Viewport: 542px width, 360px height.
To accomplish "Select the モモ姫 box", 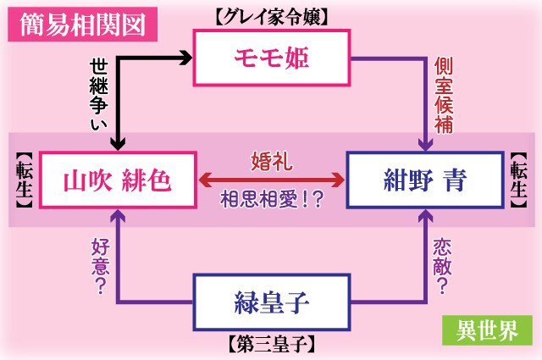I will tap(272, 58).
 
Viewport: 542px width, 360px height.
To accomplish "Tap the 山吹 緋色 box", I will tap(118, 180).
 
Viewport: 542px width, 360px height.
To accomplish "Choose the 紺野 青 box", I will tap(423, 180).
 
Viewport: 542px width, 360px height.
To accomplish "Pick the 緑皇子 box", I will tap(272, 302).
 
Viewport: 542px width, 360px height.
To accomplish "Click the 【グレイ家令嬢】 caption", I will tap(272, 16).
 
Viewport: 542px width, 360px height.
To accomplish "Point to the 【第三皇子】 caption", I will tap(272, 344).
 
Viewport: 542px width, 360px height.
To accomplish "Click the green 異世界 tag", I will tap(487, 330).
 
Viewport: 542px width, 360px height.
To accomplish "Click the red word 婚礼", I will tap(272, 160).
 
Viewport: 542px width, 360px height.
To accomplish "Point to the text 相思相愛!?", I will tap(272, 200).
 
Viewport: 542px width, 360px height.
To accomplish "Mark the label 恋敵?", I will tap(442, 260).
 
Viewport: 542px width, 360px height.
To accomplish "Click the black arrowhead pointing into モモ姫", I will tap(187, 58).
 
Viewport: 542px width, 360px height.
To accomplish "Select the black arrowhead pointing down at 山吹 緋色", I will tap(119, 142).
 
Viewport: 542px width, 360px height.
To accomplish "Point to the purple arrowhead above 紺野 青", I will tap(423, 142).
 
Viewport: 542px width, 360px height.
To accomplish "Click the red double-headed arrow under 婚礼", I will tap(272, 180).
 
